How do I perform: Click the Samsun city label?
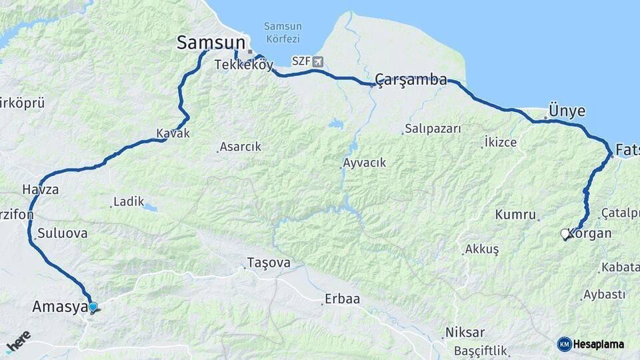point(211,43)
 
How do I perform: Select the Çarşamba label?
point(411,80)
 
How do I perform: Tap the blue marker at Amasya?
point(93,307)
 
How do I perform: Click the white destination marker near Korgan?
point(565,234)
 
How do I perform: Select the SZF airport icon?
point(317,61)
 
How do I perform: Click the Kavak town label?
point(173,133)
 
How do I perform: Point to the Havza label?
point(40,189)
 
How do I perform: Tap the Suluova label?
point(63,234)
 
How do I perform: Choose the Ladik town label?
point(129,201)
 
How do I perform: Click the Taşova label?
point(269,263)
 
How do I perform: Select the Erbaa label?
point(342,299)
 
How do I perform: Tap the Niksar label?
point(466,332)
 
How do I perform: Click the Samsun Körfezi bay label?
point(283,31)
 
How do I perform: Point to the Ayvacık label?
point(364,163)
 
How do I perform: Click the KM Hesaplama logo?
point(591,344)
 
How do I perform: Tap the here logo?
point(18,341)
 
